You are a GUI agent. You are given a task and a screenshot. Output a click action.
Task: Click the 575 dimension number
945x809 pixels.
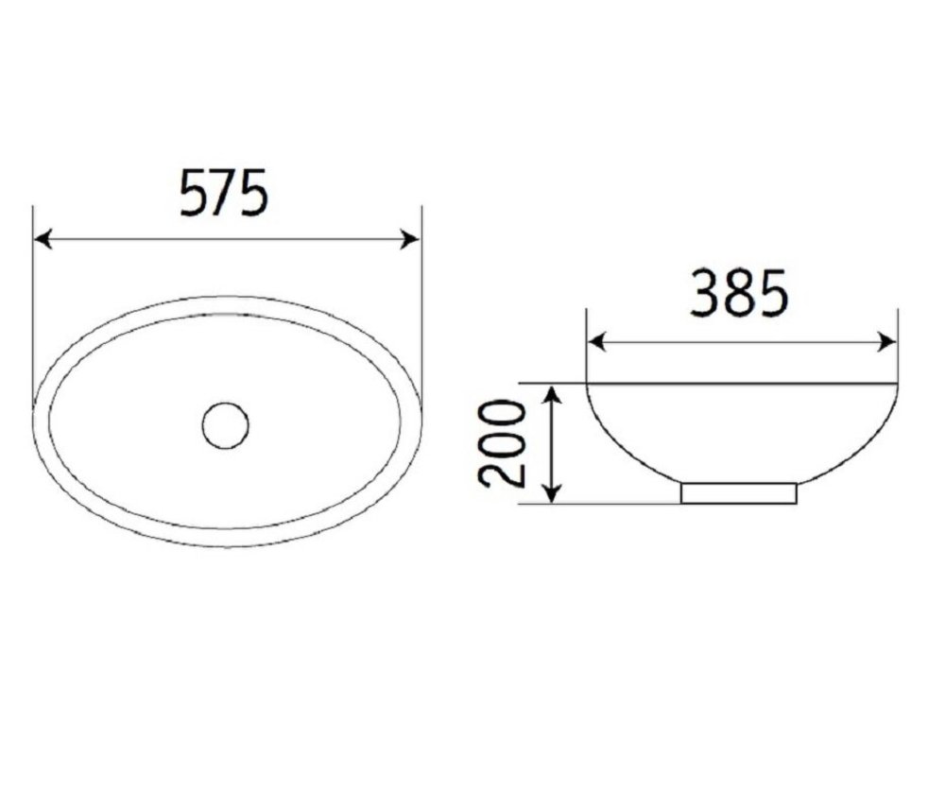click(x=224, y=193)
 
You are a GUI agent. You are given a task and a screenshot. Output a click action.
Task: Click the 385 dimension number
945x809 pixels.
click(x=739, y=294)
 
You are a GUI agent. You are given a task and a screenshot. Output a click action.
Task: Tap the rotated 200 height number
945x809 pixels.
click(x=502, y=443)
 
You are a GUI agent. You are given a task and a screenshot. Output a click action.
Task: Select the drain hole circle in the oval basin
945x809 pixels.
click(x=226, y=425)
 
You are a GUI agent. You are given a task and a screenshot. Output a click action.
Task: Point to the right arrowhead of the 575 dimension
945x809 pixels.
click(x=410, y=239)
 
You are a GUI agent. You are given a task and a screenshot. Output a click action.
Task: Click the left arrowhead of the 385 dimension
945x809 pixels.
click(x=596, y=342)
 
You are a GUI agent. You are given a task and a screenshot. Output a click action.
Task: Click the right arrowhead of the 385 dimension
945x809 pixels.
click(x=887, y=342)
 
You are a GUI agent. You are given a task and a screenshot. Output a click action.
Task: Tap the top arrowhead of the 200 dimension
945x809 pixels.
click(x=553, y=394)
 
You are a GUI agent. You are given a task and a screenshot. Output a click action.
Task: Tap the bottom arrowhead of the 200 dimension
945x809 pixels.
click(x=553, y=492)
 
